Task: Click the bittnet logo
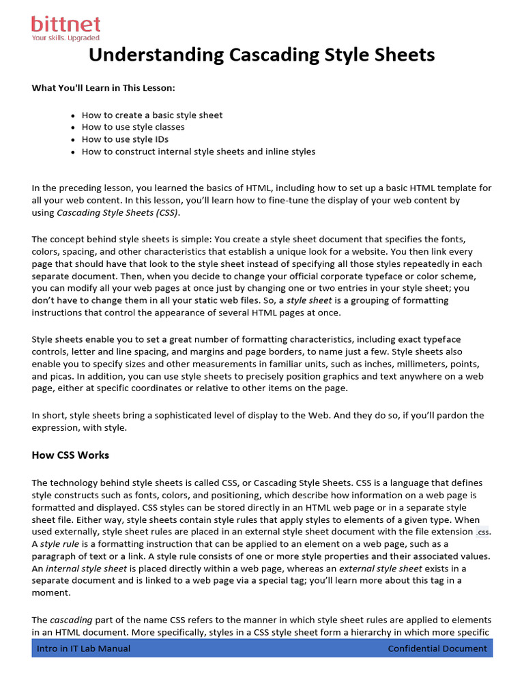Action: (x=65, y=25)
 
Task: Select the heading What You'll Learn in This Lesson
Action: (x=103, y=89)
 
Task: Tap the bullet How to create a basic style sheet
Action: (x=152, y=115)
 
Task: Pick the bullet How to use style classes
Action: (x=133, y=127)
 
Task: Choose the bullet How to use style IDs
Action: (x=125, y=139)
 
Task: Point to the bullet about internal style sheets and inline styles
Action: (x=199, y=152)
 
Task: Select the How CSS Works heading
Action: (x=70, y=455)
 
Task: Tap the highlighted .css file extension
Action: (x=483, y=531)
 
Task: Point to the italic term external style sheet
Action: (x=381, y=568)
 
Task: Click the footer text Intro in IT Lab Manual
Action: (x=83, y=648)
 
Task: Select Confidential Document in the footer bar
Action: (x=437, y=648)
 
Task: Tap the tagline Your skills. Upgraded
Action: (x=65, y=38)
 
